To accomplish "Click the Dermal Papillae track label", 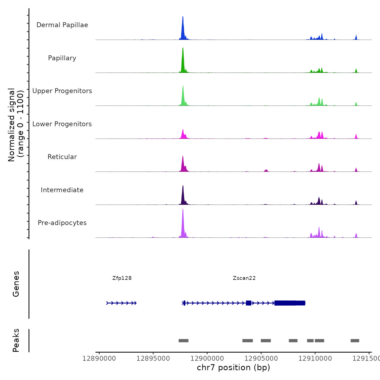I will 62,25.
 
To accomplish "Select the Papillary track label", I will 62,58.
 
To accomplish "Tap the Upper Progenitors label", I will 62,91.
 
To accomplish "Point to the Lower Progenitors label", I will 62,124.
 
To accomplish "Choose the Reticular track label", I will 62,157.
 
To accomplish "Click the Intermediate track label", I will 62,190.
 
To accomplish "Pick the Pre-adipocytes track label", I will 62,223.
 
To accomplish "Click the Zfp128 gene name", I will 122,278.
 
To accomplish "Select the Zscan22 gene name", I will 244,278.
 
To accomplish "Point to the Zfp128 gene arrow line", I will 121,303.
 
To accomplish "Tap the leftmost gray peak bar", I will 183,341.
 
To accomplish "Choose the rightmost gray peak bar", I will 355,341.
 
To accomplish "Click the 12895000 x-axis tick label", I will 153,359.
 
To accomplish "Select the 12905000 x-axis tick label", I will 261,359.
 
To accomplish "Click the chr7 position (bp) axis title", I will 233,368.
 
